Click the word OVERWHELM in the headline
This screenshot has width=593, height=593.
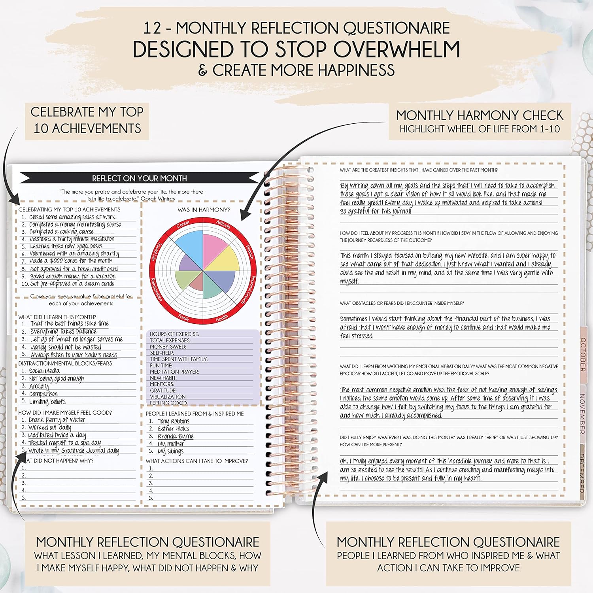pos(397,49)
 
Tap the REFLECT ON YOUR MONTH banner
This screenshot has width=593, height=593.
pos(140,178)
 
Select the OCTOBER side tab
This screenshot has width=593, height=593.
pos(583,355)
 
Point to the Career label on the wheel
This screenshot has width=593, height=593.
pos(183,225)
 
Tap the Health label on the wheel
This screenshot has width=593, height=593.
pos(222,318)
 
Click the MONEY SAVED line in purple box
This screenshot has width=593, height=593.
pos(168,347)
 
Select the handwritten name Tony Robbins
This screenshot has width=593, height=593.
pos(174,421)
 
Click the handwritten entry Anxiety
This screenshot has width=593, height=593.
pos(39,386)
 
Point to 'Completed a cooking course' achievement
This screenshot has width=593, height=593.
pos(61,232)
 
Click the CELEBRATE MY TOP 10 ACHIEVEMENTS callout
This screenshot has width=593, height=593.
pos(87,120)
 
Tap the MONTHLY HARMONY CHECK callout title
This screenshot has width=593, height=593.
pos(480,115)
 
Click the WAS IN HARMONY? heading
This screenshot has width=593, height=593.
pos(204,210)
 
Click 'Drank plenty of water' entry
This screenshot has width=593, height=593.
pos(57,420)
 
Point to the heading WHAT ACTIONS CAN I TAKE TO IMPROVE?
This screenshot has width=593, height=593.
pos(197,461)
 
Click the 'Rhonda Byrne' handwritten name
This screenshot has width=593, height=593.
pos(176,436)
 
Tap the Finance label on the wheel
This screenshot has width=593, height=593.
pos(249,251)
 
